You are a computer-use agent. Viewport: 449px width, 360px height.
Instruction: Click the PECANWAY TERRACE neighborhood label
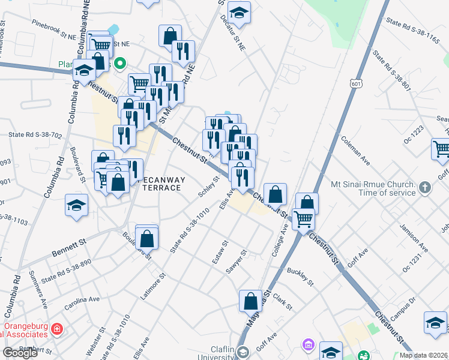point(154,184)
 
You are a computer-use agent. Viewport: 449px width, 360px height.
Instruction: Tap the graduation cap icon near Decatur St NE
point(239,13)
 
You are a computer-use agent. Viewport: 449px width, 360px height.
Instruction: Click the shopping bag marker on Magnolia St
point(250,301)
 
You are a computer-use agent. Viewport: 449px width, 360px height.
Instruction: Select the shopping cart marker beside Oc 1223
point(441,149)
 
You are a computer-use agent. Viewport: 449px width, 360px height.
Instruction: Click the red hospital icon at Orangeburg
point(56,329)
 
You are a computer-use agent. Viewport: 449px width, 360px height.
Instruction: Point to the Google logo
point(20,353)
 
